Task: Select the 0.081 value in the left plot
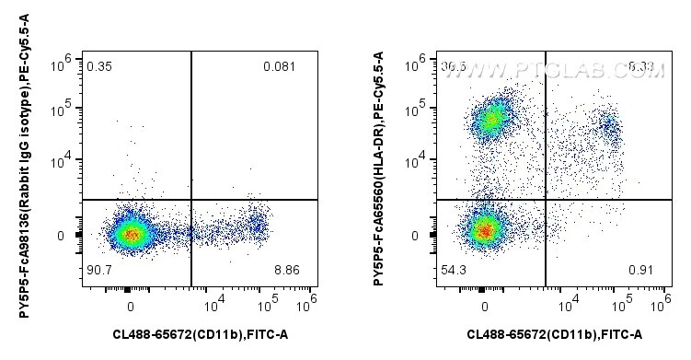point(279,66)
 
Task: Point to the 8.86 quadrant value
point(288,270)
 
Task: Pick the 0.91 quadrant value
point(641,270)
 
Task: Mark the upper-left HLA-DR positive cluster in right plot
point(492,118)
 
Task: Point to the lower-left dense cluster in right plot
point(485,228)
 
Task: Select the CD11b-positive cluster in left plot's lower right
point(258,225)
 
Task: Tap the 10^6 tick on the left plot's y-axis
point(65,61)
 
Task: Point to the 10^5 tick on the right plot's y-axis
point(420,110)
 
